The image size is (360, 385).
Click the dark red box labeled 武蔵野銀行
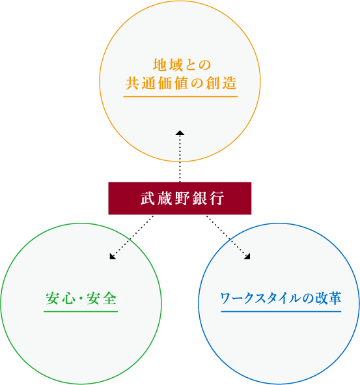click(x=180, y=198)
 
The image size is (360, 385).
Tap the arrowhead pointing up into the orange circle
click(x=180, y=133)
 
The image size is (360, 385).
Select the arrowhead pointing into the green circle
click(x=113, y=256)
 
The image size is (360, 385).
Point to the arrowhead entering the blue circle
click(x=247, y=256)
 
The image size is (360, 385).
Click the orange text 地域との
click(x=182, y=65)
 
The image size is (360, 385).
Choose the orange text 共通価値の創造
click(x=181, y=83)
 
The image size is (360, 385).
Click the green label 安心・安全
click(x=81, y=298)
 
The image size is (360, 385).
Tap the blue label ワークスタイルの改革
click(x=281, y=298)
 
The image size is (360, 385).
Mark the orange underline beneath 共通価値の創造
click(x=180, y=96)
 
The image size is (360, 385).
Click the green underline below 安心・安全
click(x=81, y=311)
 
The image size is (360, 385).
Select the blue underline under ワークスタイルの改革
click(x=281, y=311)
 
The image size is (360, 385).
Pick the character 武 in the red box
click(x=148, y=199)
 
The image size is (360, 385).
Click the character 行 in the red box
click(x=217, y=199)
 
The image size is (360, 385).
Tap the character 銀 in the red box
click(x=199, y=199)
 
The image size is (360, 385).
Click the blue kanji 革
click(x=335, y=298)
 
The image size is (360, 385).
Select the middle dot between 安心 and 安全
click(x=81, y=298)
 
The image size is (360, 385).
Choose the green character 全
click(x=109, y=298)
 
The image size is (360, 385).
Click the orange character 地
click(x=159, y=65)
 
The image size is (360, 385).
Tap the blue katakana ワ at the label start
click(x=225, y=298)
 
